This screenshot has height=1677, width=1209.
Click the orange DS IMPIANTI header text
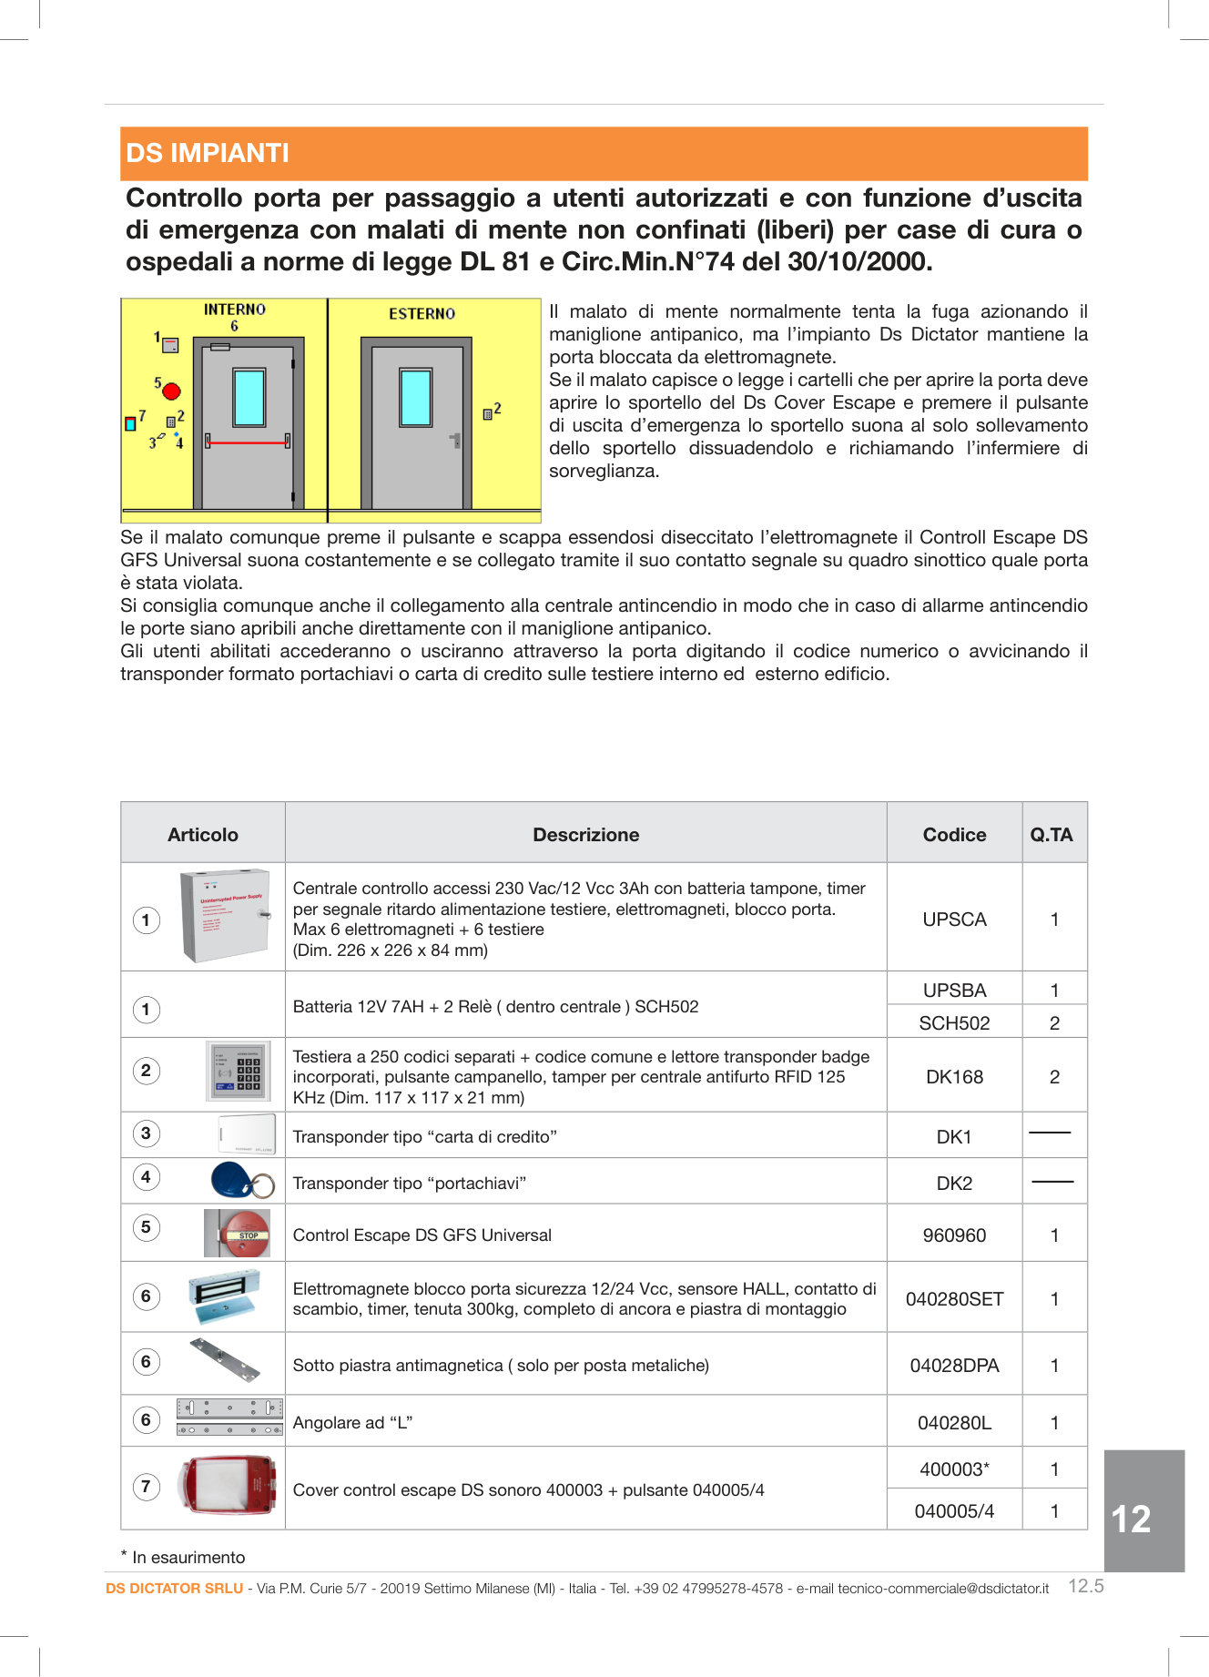tap(208, 153)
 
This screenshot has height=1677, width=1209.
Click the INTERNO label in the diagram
tap(234, 310)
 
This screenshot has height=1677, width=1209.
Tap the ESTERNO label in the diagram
tap(422, 314)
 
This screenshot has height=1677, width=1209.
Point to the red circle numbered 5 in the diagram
tap(171, 391)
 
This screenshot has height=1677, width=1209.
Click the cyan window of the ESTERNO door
tap(416, 397)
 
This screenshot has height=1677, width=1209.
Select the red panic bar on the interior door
tap(248, 443)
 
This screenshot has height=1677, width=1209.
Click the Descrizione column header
tap(585, 834)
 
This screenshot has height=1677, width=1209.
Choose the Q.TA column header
tap(1052, 834)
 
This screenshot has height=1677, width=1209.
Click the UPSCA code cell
tap(954, 920)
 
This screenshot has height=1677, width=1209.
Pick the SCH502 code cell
tap(954, 1023)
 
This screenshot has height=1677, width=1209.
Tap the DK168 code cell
tap(954, 1077)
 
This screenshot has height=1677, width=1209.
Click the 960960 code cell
tap(954, 1235)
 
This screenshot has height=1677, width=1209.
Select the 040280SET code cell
tap(954, 1299)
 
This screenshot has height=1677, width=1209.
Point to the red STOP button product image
tap(241, 1234)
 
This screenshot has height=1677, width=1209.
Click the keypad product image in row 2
tap(238, 1072)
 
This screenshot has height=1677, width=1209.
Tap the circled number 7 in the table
tap(146, 1487)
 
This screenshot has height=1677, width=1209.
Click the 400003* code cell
tap(954, 1469)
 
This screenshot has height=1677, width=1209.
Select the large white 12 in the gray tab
tap(1131, 1519)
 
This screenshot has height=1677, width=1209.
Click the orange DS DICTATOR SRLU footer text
tap(174, 1588)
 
